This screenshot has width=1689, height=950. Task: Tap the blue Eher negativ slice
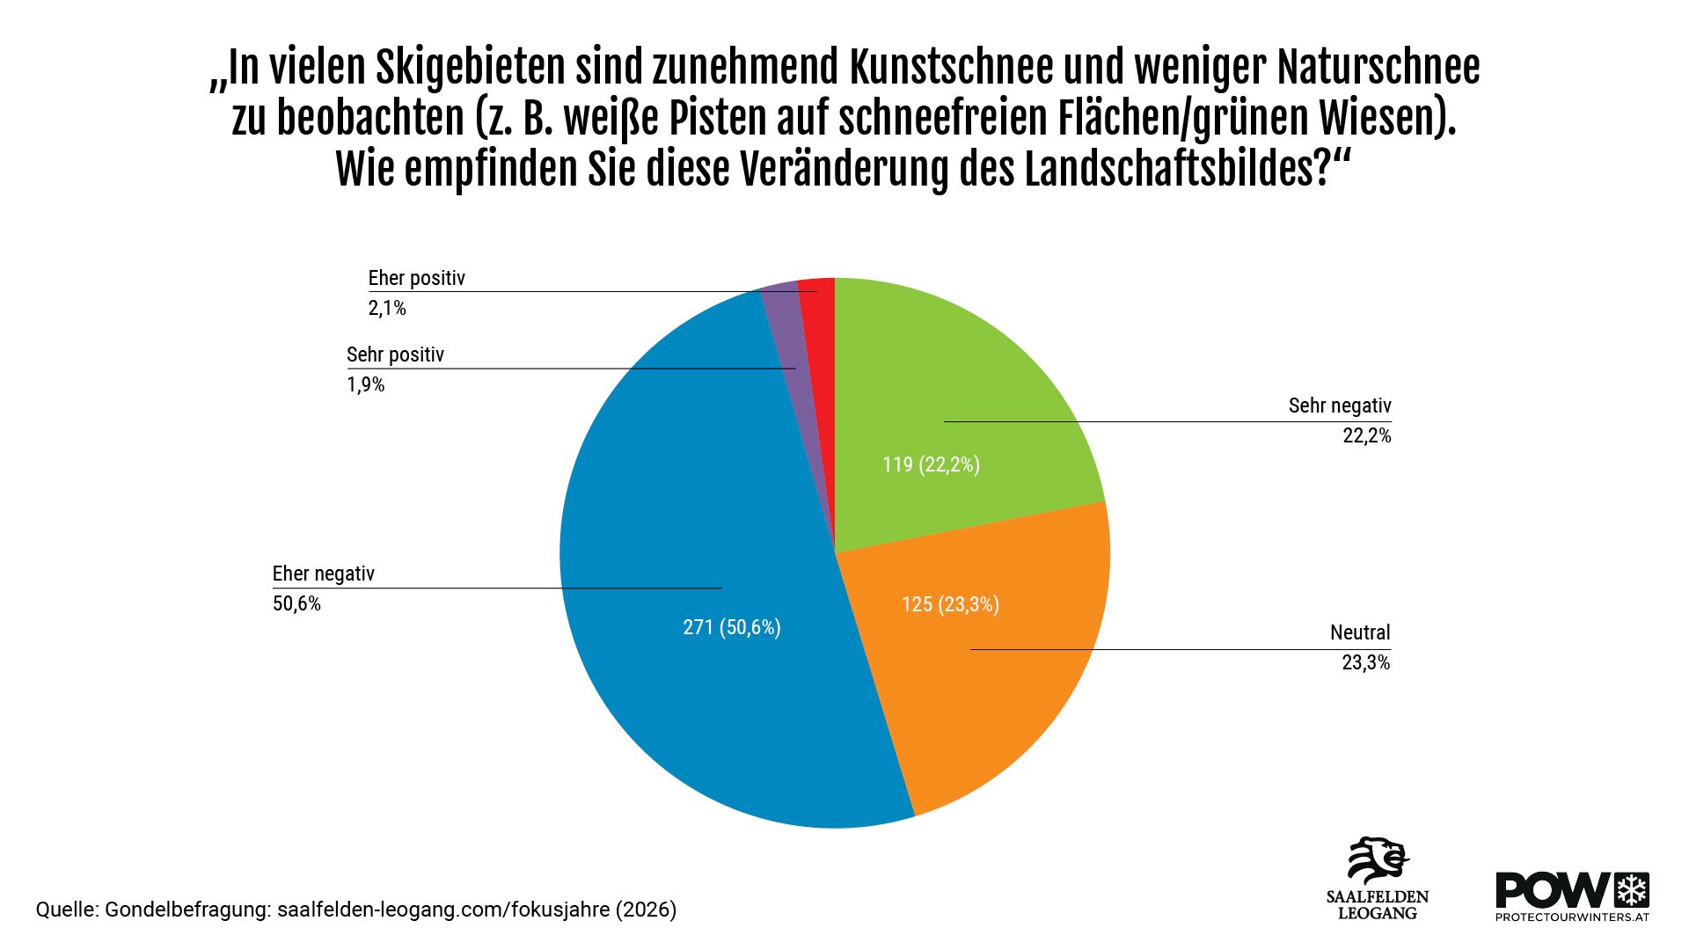(704, 528)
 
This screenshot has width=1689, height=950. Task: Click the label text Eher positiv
(416, 278)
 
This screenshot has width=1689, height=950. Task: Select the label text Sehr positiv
(395, 354)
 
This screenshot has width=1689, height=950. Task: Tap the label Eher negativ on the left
(323, 574)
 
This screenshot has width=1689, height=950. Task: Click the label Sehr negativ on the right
(1340, 406)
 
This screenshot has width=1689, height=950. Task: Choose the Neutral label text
(1360, 632)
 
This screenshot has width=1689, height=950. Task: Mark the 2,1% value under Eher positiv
(387, 308)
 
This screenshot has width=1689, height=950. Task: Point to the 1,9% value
(366, 384)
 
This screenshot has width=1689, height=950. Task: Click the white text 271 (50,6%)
(732, 627)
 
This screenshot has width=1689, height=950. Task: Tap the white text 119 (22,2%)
(931, 464)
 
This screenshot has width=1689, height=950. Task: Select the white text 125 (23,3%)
(950, 604)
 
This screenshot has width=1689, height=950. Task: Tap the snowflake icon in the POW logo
(1633, 890)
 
